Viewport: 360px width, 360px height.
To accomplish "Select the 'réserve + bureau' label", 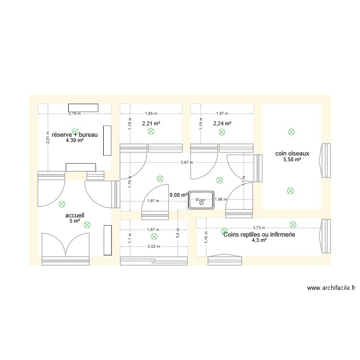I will coord(74,135).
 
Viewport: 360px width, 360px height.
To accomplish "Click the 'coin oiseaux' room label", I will coord(292,154).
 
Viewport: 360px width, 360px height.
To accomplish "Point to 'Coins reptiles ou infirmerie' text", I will coord(259,234).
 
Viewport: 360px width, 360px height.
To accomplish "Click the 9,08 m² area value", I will coord(178,195).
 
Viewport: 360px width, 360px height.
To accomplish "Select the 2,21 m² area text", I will coord(151,123).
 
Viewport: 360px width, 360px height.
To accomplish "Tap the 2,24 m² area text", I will coord(222,123).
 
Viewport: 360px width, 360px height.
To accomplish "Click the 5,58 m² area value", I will coord(292,159).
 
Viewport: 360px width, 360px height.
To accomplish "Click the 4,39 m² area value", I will coord(74,141).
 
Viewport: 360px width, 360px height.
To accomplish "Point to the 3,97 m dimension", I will coord(187,162).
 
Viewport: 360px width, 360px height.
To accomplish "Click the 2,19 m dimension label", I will coord(74,114).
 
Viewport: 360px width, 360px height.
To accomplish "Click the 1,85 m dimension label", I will coord(151,114).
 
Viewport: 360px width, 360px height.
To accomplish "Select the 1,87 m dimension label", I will coord(222,114).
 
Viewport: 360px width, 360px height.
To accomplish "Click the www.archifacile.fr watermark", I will coord(331,288).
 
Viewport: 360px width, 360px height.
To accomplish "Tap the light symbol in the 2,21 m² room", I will coord(151,131).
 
